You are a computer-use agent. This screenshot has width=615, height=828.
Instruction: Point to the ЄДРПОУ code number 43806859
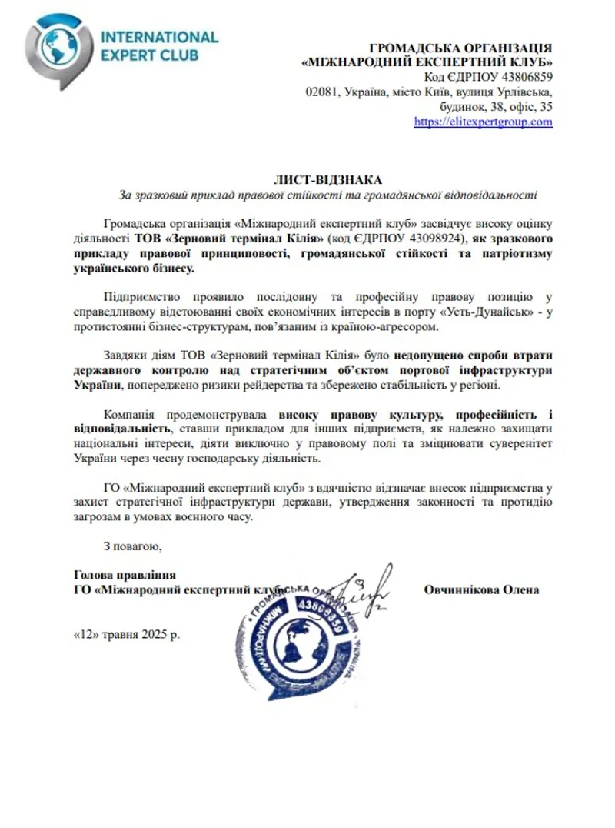519,77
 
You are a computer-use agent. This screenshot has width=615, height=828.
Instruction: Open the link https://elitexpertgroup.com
483,122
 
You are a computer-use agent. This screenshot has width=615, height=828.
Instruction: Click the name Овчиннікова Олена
481,589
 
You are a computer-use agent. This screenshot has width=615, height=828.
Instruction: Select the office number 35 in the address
546,106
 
